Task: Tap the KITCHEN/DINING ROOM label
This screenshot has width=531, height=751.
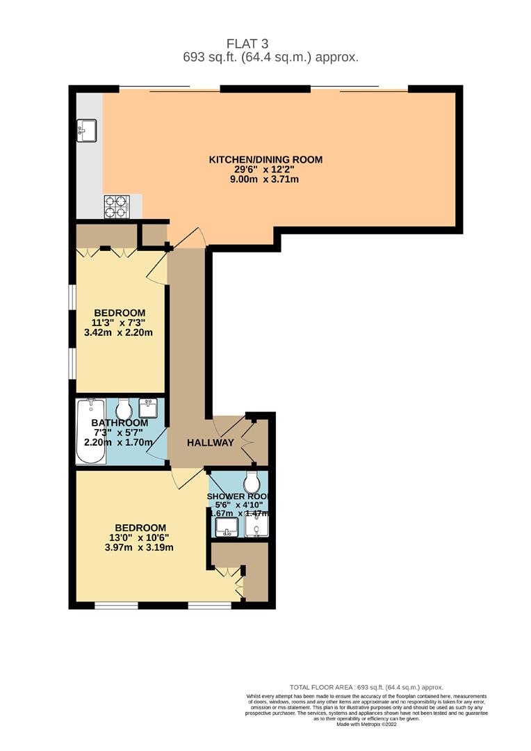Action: pos(266,159)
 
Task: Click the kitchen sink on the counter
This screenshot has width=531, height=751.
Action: pos(88,128)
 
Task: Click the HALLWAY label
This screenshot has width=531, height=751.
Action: pos(210,443)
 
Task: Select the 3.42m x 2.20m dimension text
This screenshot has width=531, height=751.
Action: pos(119,332)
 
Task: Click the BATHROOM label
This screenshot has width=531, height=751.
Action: pos(120,423)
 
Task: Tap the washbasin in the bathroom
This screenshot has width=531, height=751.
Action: pos(149,406)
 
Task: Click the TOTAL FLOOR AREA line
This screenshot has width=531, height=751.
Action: pos(366,687)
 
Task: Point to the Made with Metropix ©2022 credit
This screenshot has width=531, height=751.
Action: pos(366,724)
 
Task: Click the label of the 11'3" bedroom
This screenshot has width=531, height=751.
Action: pos(119,312)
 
